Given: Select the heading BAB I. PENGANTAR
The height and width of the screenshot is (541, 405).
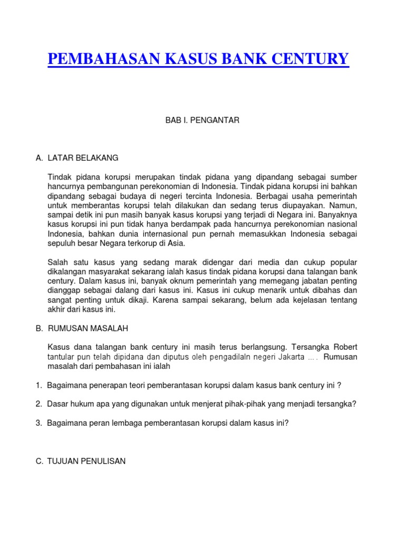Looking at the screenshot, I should pos(202,120).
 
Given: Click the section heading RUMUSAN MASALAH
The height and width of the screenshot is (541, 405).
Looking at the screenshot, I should pos(88,328).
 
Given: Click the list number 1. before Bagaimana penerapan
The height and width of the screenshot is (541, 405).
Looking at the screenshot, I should pos(39,385).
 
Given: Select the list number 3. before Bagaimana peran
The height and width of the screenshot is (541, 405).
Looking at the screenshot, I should pos(39,423).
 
